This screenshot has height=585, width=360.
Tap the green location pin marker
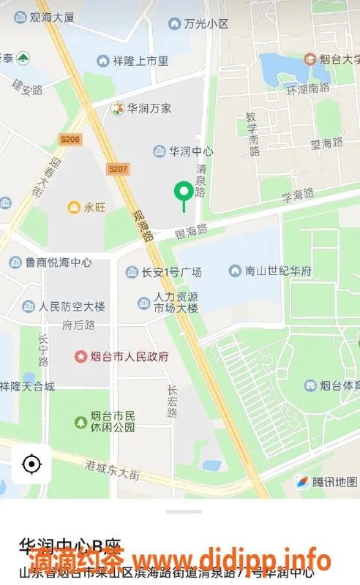point(183,193)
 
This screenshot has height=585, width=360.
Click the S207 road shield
point(116,169)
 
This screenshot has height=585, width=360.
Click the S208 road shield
point(70,139)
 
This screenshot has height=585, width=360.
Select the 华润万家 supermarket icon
point(116,108)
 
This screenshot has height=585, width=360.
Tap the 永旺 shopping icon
point(74,208)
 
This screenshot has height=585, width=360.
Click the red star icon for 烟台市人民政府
point(81,357)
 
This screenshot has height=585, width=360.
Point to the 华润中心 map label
point(191,151)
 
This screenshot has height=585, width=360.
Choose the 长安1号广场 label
point(171,273)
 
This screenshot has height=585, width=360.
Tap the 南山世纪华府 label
point(280,271)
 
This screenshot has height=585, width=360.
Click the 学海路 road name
point(298,195)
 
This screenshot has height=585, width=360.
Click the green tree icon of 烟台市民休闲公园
point(81,422)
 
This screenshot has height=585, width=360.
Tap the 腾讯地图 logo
point(326,481)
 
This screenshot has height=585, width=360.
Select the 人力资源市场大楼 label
point(176,303)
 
